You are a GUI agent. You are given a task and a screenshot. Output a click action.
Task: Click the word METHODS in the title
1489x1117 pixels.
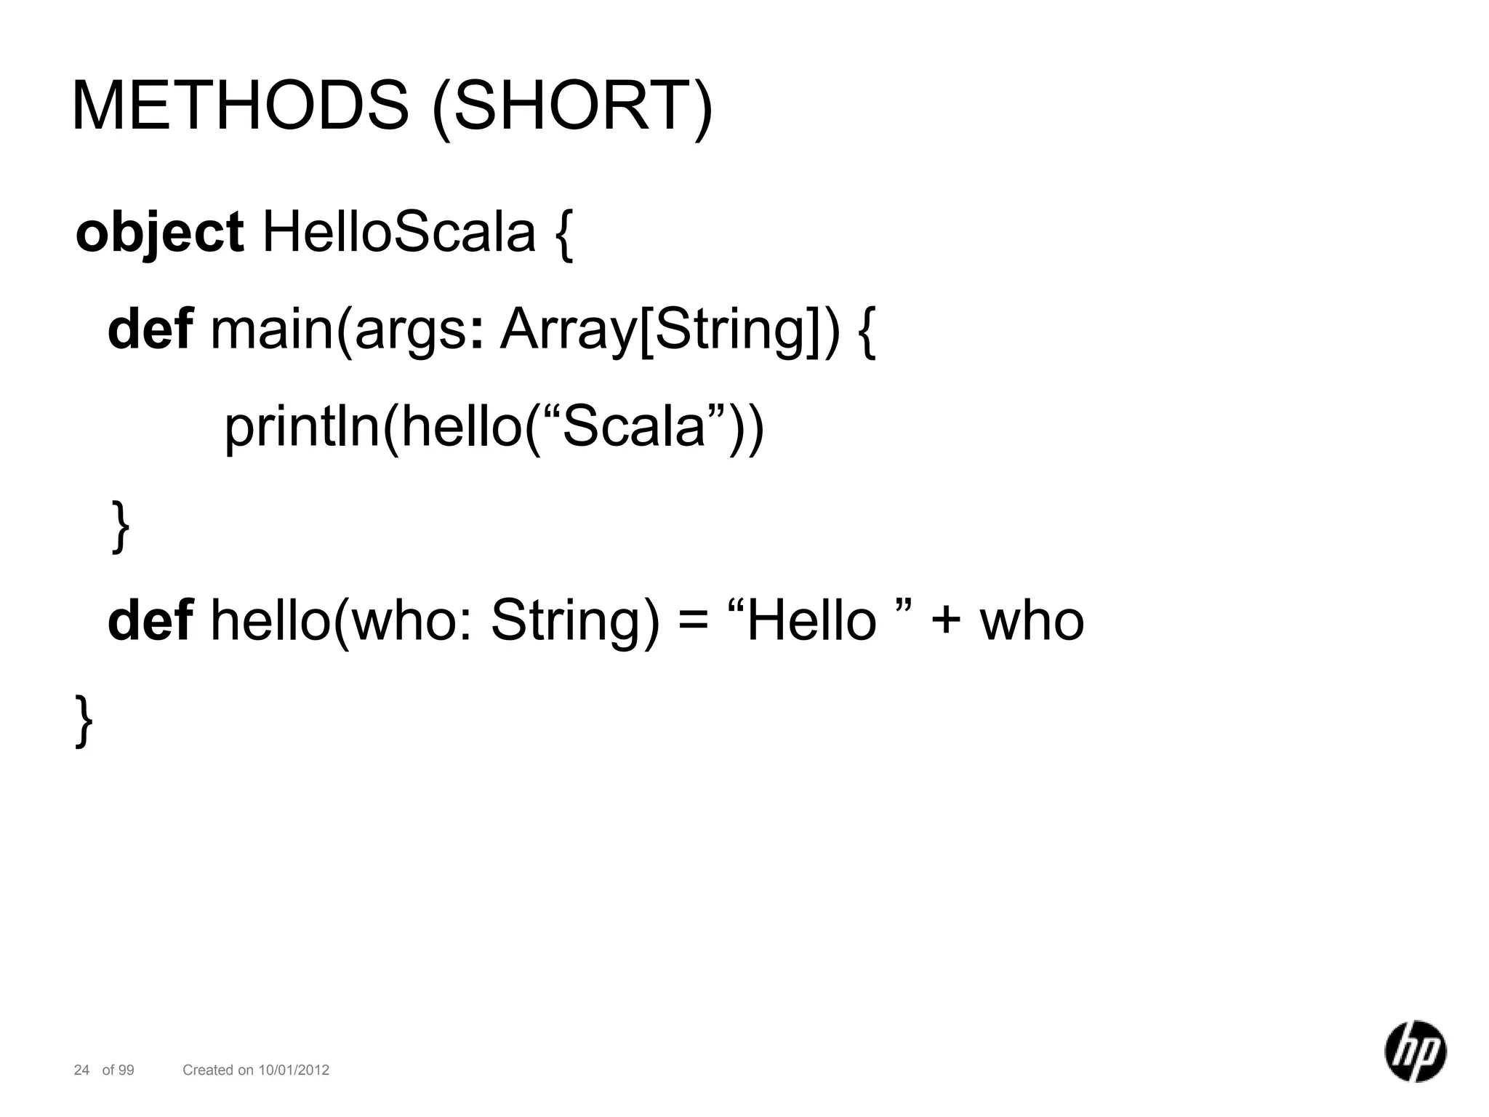(240, 106)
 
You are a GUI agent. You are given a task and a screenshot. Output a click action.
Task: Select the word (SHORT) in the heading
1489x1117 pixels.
(572, 106)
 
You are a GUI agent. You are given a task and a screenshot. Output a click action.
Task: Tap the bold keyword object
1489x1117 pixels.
(159, 233)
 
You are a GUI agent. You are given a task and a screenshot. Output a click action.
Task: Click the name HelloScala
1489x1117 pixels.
(398, 233)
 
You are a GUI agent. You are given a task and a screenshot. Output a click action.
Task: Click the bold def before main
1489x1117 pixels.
(150, 329)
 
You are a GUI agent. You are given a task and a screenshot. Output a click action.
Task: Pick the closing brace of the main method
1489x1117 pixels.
(121, 527)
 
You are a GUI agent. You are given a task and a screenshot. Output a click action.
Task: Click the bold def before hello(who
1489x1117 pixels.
(150, 621)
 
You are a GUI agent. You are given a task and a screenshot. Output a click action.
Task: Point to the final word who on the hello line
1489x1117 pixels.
(1032, 622)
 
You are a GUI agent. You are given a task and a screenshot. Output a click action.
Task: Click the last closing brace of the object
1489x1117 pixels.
(84, 720)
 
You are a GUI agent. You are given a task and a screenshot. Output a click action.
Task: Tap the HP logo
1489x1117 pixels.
(1415, 1051)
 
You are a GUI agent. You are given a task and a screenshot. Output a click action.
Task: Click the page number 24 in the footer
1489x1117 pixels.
(81, 1070)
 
